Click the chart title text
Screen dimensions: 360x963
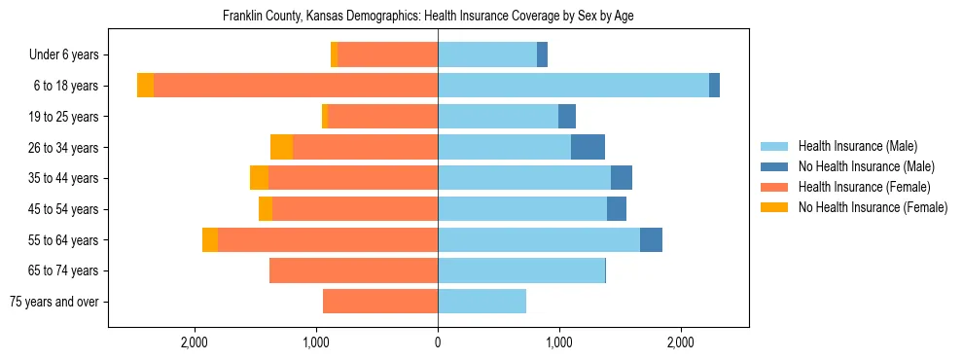pos(428,17)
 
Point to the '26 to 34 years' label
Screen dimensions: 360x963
pos(61,148)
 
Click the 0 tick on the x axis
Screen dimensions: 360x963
pos(438,342)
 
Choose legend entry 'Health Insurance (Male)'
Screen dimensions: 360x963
pos(857,146)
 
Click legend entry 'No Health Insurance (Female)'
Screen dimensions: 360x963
pos(873,207)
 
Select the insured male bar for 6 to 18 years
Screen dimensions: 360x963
pos(573,86)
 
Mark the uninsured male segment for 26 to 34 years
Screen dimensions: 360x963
pos(588,147)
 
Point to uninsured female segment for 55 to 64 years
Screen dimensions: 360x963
pos(210,239)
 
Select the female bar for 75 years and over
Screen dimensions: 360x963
pos(380,302)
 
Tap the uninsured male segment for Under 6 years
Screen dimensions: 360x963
pos(542,54)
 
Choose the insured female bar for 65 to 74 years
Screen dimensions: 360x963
pos(353,270)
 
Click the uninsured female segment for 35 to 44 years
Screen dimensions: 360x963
pos(259,178)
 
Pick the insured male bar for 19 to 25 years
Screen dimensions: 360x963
pos(498,117)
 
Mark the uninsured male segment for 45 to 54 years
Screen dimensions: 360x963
pos(617,209)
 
